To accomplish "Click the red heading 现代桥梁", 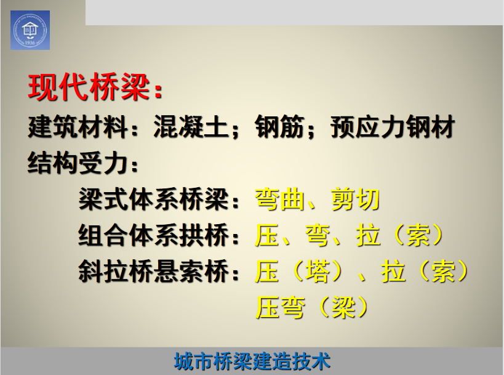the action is (89, 87).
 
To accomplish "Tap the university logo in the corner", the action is (30, 30).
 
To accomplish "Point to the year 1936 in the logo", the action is (30, 42).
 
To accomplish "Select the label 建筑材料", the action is (78, 127).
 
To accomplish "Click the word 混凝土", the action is (191, 127).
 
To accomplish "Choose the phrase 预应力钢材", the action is (393, 127).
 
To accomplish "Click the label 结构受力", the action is (78, 163).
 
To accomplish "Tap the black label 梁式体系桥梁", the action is (154, 200).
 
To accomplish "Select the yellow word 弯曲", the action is (280, 200).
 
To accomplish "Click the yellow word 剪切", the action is (356, 200).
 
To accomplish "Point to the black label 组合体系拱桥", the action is (154, 235).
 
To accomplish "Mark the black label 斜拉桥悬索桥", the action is (154, 272).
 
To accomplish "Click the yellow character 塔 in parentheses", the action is (318, 272).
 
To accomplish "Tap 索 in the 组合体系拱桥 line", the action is (418, 235).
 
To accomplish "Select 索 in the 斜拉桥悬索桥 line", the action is (444, 272).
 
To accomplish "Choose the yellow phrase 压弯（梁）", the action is (311, 308).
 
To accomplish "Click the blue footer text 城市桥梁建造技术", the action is (252, 361).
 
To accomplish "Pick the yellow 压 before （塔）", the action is (267, 272).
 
